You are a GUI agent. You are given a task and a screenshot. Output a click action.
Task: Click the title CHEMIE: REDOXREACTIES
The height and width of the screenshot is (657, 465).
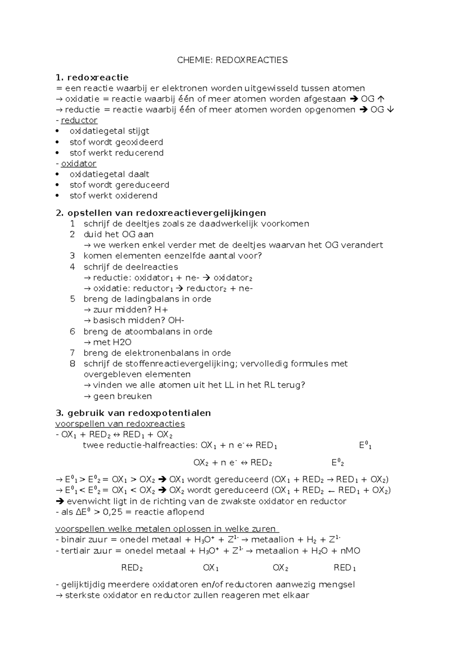pos(232,60)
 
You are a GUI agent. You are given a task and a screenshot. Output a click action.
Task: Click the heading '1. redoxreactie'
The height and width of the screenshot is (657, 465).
pos(92,77)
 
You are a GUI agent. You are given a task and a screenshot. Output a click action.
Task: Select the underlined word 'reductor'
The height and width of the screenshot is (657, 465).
pos(79,120)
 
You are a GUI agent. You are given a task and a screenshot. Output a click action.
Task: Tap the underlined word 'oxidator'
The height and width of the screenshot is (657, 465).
pos(79,163)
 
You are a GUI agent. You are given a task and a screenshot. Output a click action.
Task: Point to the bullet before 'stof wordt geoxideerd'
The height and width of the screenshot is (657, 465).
pos(58,142)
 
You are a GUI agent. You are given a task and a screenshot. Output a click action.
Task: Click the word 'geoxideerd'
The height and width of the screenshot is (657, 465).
pos(139,142)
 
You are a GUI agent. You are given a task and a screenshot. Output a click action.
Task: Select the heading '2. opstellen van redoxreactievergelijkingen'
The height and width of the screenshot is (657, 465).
pos(161,213)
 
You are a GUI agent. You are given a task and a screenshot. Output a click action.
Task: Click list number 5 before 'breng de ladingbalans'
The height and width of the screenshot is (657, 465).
pos(72,299)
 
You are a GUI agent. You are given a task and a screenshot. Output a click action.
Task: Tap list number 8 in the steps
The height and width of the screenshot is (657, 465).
pos(72,364)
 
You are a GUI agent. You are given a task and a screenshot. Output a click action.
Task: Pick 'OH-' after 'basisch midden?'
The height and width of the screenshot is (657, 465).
pos(176,320)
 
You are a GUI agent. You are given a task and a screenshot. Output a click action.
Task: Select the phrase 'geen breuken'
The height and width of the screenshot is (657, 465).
pos(122,396)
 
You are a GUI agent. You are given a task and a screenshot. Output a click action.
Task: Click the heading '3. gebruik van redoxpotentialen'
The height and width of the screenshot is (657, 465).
pos(133,413)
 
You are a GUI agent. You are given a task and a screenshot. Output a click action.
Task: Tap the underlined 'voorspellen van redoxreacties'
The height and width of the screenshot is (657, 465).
pos(120,424)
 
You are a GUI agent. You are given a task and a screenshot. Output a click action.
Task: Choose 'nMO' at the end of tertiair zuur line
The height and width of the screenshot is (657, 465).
pos(350,551)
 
